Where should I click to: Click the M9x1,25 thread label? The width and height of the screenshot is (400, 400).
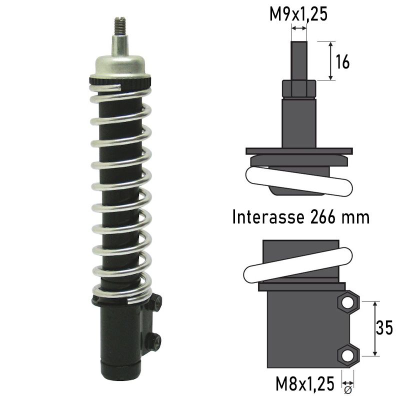[x=298, y=14]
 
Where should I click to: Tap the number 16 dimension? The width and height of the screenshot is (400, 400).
[x=342, y=62]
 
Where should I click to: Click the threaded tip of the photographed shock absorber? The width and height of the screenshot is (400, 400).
[x=120, y=24]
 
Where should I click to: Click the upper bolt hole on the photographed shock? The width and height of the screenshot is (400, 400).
[x=158, y=301]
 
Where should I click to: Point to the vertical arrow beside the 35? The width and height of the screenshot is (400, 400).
[x=374, y=328]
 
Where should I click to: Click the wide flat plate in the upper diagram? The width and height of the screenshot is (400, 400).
[x=299, y=151]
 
